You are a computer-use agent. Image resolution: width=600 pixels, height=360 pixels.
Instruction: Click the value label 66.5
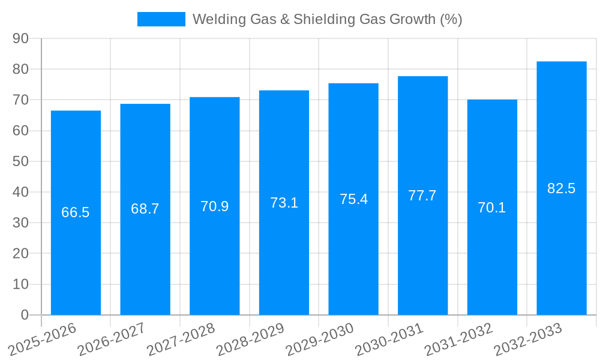tap(76, 212)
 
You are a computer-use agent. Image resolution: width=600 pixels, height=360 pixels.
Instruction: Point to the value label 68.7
tap(145, 209)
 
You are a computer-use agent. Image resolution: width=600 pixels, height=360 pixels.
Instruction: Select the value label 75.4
tap(353, 199)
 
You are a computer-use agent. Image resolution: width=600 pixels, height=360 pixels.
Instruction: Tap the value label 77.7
tap(422, 196)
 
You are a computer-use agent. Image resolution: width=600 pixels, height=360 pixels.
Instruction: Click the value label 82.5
tap(562, 188)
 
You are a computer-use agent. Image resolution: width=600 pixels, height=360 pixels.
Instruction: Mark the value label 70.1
tap(492, 208)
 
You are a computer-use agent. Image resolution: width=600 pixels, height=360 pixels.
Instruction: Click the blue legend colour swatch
tap(161, 19)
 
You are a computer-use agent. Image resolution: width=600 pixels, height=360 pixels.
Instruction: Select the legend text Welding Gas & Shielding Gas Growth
tap(327, 19)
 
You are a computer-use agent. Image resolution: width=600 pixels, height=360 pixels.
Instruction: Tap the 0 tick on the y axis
tap(25, 315)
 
